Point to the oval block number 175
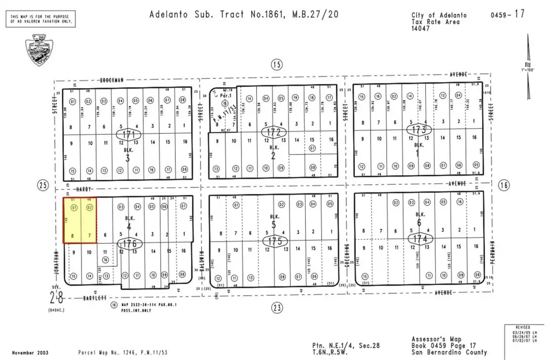coord(275,241)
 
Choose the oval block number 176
coord(130,244)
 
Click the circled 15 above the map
coord(276,64)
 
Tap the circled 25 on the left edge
coord(43,186)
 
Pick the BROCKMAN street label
coord(112,79)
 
